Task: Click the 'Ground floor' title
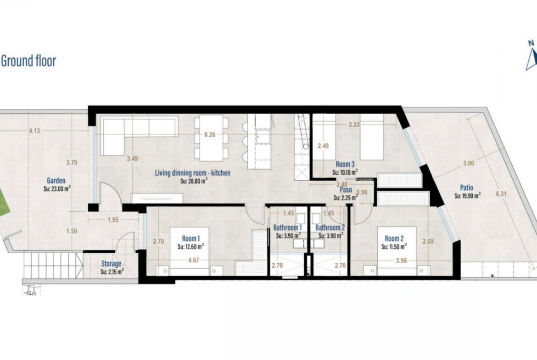[28, 61]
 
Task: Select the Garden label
[56, 181]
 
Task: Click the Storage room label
[111, 264]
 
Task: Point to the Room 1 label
[191, 238]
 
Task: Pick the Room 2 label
[394, 238]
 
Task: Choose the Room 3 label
[345, 165]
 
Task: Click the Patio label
[466, 188]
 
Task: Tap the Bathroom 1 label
[287, 227]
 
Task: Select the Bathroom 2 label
[330, 227]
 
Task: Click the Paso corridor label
[346, 190]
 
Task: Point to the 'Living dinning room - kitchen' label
[192, 173]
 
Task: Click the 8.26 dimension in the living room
[210, 134]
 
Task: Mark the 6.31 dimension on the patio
[501, 194]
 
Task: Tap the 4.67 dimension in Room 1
[194, 260]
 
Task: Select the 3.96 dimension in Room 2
[401, 261]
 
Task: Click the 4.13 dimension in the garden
[34, 130]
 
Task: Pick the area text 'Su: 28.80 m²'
[194, 181]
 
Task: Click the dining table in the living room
[211, 138]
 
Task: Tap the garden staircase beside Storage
[53, 265]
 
